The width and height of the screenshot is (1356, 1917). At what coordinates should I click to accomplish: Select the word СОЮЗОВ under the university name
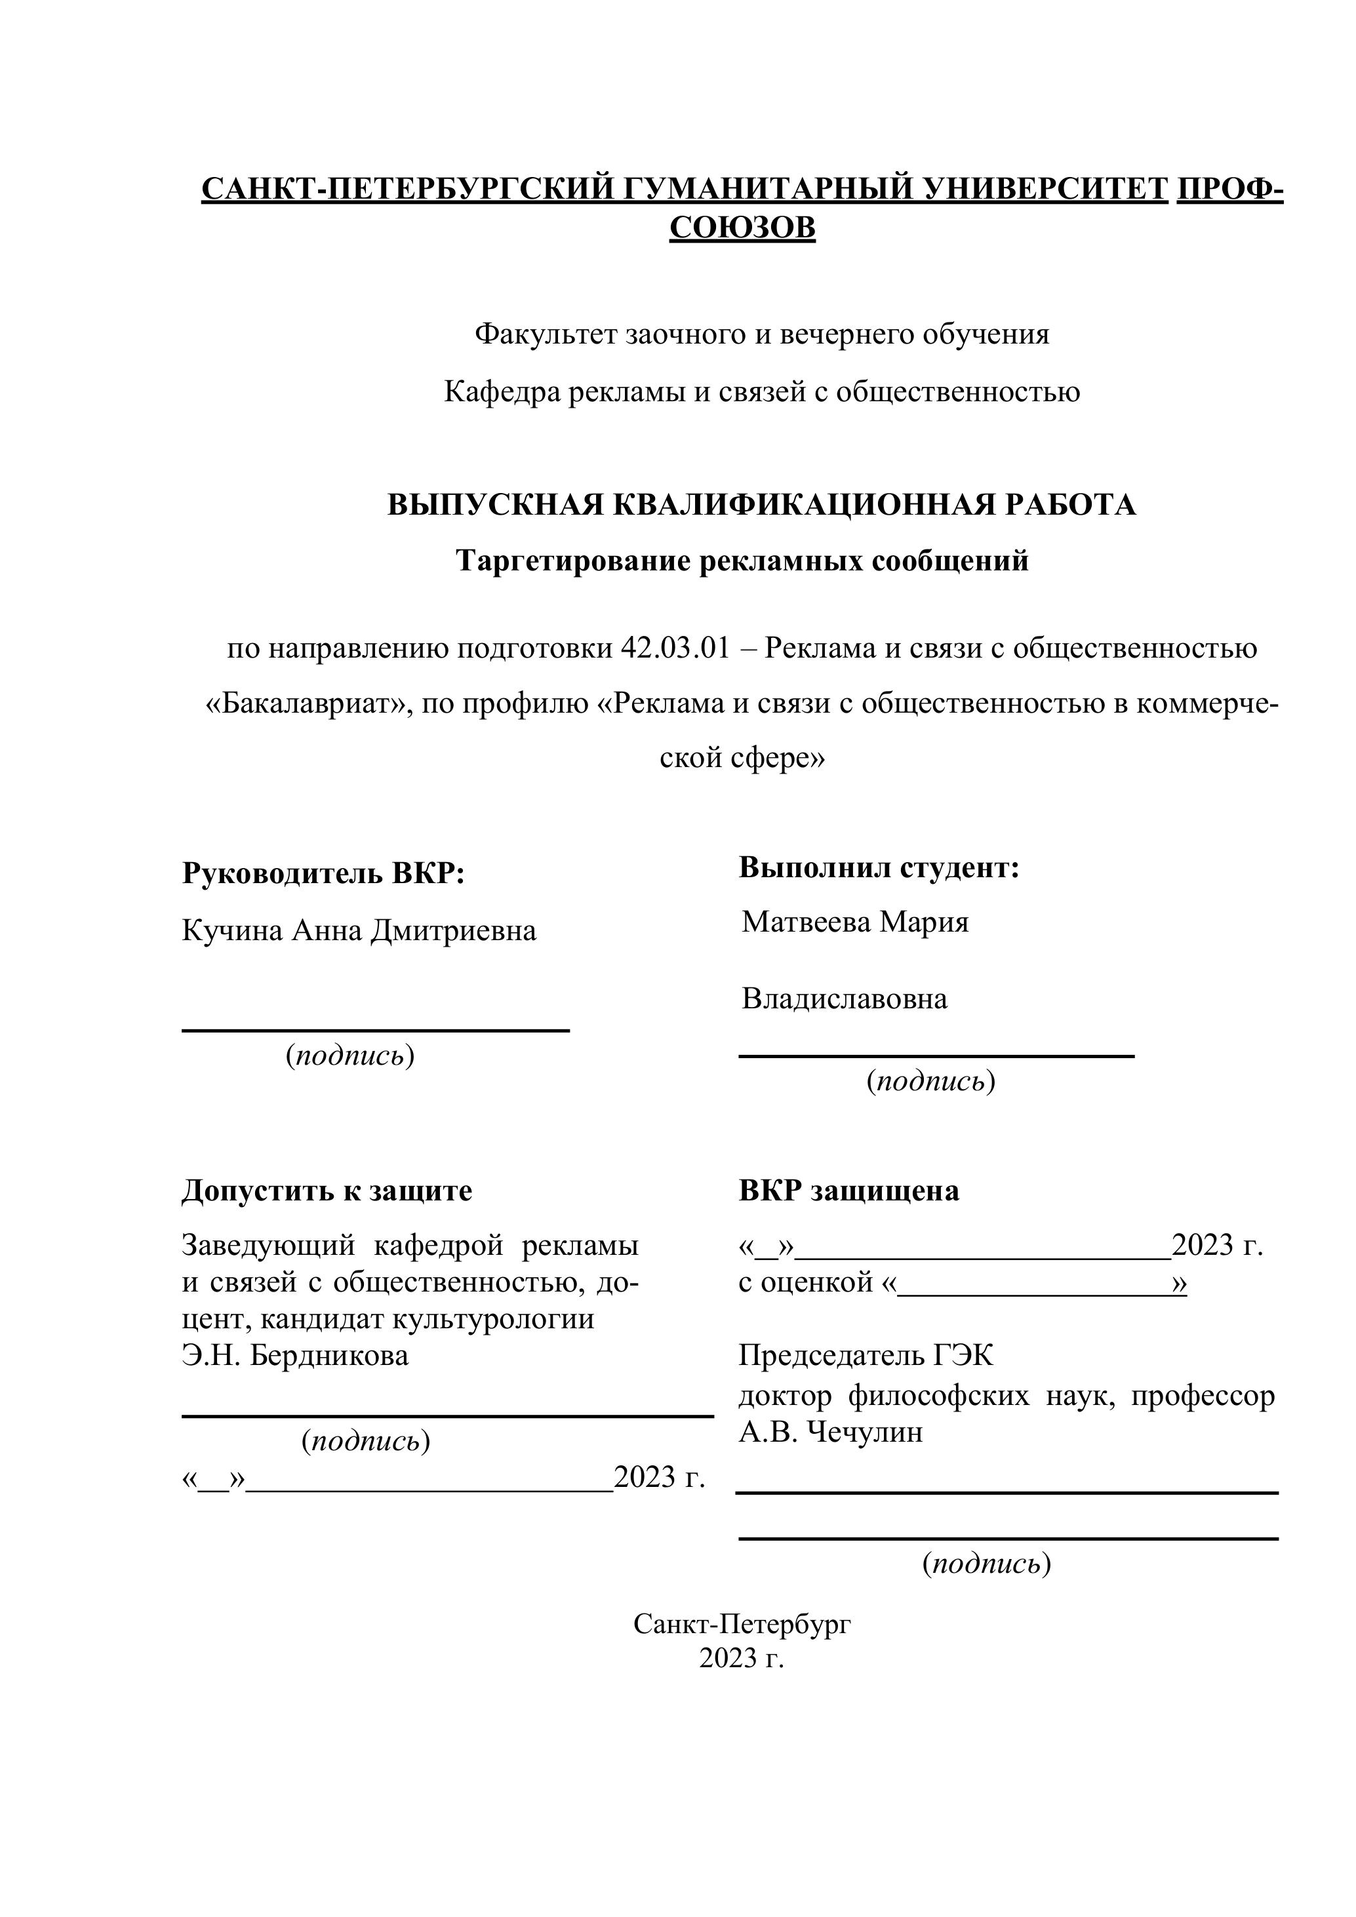(742, 227)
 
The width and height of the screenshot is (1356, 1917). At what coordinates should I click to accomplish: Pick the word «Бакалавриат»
(309, 705)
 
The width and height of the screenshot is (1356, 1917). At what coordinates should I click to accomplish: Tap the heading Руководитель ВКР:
(323, 874)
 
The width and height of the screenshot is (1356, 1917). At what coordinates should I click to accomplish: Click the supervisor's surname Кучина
(233, 930)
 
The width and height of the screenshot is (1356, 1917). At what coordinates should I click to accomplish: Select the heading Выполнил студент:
(879, 867)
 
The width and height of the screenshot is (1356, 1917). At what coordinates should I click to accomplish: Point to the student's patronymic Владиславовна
(844, 998)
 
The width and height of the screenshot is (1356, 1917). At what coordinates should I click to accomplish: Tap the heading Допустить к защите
(327, 1191)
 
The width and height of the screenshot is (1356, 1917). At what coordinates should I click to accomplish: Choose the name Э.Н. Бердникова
(296, 1355)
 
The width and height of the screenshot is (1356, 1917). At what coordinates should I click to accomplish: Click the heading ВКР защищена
(848, 1191)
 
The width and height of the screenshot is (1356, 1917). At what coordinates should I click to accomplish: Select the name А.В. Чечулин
(831, 1432)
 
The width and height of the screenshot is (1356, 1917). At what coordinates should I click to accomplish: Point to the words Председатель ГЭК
(866, 1356)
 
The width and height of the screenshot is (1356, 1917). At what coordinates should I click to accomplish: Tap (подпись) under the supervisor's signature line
(351, 1056)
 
